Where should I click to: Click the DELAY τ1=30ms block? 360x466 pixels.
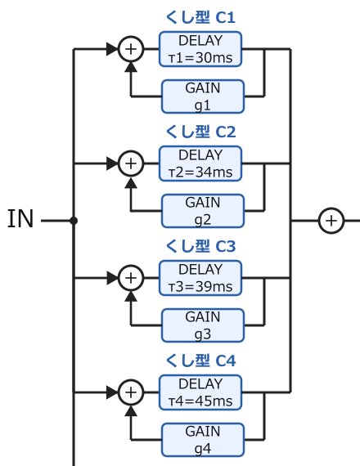(200, 49)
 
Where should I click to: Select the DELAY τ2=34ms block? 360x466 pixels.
(200, 164)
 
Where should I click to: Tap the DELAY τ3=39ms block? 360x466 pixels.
(200, 278)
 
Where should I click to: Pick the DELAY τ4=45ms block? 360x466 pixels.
(200, 392)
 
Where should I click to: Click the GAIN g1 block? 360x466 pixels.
(203, 96)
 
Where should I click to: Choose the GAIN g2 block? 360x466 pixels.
(203, 211)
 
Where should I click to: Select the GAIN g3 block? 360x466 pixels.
(203, 325)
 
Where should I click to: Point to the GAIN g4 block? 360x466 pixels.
(203, 440)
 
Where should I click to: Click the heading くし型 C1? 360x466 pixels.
(200, 17)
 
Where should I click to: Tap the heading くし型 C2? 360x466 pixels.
(200, 132)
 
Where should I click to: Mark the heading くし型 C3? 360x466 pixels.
(200, 246)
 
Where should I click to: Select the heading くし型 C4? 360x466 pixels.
(200, 361)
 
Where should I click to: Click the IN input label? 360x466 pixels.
(20, 219)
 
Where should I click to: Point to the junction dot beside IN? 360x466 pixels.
(74, 221)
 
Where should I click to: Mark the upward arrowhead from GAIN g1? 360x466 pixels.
(131, 67)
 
